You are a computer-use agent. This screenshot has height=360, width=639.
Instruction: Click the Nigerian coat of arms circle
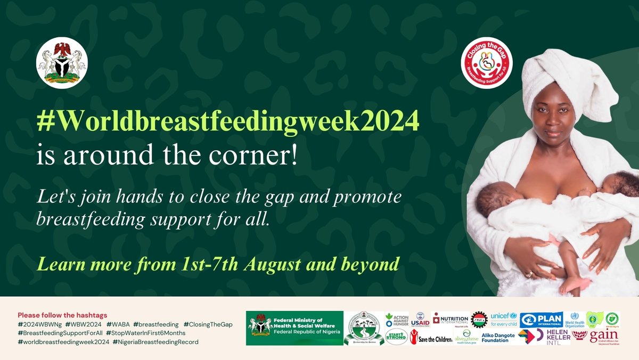point(62,63)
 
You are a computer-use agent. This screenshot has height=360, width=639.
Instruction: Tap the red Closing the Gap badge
point(487,62)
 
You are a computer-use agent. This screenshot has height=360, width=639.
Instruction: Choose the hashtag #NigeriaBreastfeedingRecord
point(155,342)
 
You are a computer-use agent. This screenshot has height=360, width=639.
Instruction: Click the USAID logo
point(420,320)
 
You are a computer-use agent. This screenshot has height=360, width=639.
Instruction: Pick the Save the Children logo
point(431,338)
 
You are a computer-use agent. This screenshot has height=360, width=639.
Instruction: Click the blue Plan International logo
point(541,319)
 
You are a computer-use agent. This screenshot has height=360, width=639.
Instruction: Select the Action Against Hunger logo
point(397,320)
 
